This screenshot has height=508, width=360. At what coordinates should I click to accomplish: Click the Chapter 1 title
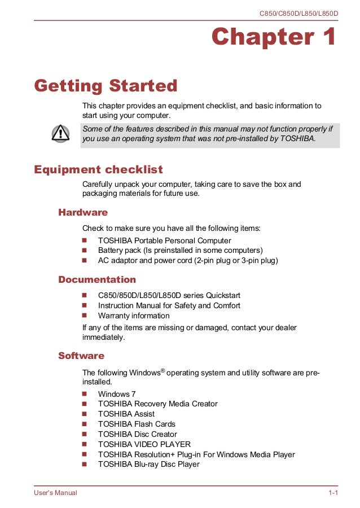[274, 38]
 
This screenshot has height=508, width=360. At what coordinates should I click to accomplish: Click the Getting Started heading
[106, 86]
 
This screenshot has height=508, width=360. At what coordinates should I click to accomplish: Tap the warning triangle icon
[60, 133]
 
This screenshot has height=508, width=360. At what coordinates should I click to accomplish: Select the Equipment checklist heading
[99, 169]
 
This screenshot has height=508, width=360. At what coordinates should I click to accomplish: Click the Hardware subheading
[83, 212]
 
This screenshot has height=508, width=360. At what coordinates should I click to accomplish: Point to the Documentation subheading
[97, 279]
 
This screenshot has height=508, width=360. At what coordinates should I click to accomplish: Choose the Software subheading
[81, 356]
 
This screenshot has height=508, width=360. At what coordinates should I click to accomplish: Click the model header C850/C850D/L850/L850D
[298, 12]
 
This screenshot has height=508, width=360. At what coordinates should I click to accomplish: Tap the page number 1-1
[333, 493]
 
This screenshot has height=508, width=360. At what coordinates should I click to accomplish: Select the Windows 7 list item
[117, 394]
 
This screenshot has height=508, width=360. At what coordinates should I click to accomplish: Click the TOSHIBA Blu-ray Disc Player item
[148, 465]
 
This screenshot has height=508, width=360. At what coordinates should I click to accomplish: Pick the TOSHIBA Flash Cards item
[137, 424]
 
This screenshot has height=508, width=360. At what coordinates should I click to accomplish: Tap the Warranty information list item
[134, 316]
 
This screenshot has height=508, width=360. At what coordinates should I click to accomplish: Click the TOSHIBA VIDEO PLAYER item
[144, 444]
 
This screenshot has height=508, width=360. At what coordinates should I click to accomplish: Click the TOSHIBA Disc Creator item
[137, 434]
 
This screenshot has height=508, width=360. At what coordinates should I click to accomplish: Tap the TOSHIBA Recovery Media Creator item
[157, 404]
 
